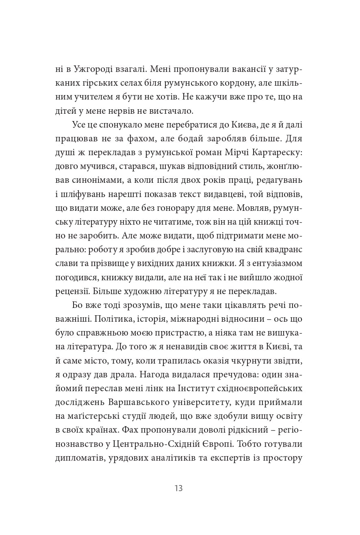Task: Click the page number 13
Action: [178, 488]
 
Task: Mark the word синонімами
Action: [93, 180]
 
